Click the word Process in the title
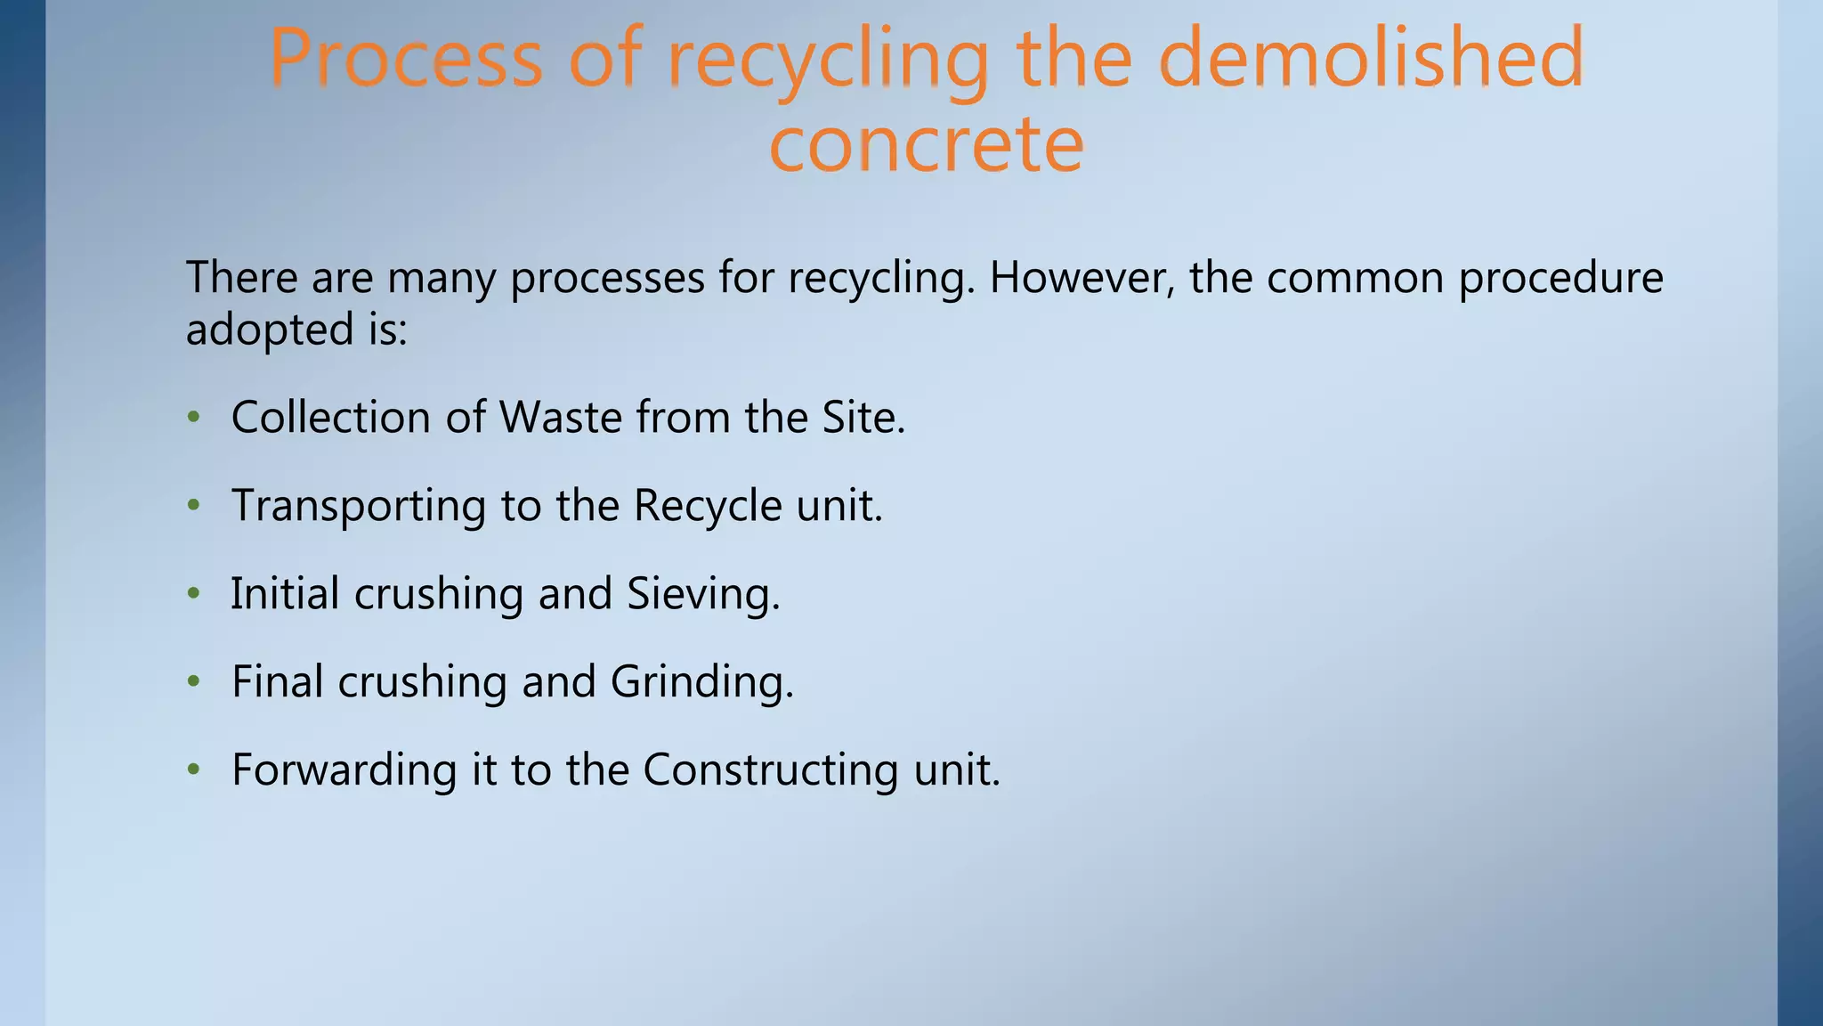pyautogui.click(x=405, y=59)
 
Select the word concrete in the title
pyautogui.click(x=926, y=144)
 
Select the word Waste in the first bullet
pyautogui.click(x=560, y=417)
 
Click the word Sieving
pyautogui.click(x=702, y=594)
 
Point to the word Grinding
pyautogui.click(x=701, y=682)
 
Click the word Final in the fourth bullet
pyautogui.click(x=277, y=681)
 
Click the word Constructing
pyautogui.click(x=771, y=769)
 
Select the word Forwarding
pyautogui.click(x=344, y=769)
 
